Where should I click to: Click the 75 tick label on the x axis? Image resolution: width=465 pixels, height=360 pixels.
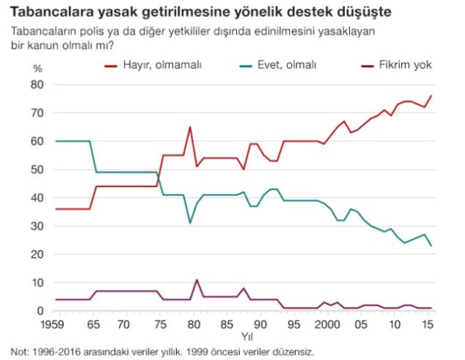tap(158, 325)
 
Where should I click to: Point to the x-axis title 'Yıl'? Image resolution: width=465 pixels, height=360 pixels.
tap(243, 337)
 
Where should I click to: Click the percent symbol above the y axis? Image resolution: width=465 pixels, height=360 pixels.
tap(39, 68)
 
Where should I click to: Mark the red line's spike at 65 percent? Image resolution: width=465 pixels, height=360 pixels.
tap(190, 127)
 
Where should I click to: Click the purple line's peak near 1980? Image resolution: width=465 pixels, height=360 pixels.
tap(196, 280)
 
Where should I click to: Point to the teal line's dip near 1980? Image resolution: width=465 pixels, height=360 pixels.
tap(190, 223)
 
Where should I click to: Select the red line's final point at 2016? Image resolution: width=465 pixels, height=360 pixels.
tap(432, 96)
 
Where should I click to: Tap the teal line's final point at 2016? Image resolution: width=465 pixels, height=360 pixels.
tap(432, 246)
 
